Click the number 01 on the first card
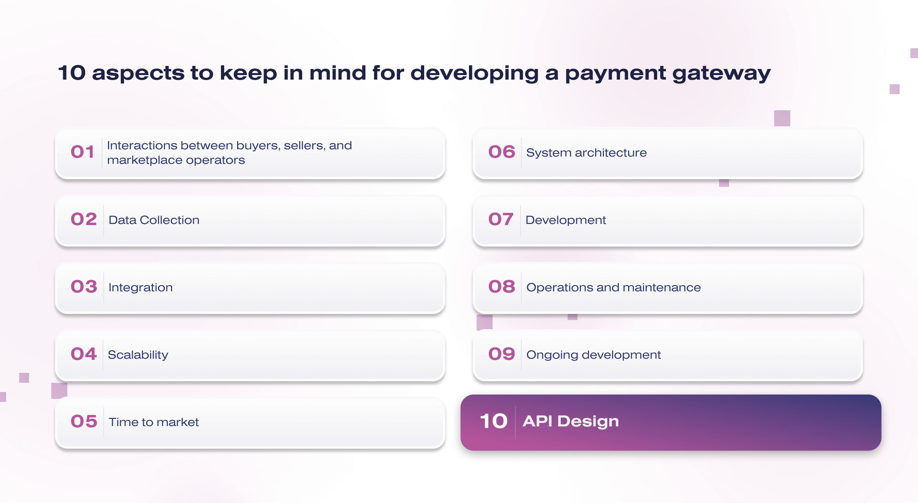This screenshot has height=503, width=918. point(82,152)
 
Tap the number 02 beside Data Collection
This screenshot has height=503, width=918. point(84,219)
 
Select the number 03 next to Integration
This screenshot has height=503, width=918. point(84,287)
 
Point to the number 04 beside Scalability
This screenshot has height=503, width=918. point(84,354)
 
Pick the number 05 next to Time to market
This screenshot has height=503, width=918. point(84,421)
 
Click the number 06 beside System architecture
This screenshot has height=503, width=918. point(501,152)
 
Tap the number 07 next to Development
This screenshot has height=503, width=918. point(501,219)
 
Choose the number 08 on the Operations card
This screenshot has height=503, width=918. point(501,287)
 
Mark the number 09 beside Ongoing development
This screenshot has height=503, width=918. point(501,354)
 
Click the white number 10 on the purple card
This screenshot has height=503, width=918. point(494,421)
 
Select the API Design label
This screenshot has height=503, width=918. point(571,421)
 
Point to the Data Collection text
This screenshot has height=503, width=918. point(154,220)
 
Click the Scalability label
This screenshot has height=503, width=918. point(138,355)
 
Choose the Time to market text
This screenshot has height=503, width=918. point(154,422)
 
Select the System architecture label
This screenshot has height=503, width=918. point(587,153)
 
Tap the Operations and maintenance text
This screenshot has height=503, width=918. point(614,287)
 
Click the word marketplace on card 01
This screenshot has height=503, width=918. point(144,160)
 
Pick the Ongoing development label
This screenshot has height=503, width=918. point(594,355)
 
